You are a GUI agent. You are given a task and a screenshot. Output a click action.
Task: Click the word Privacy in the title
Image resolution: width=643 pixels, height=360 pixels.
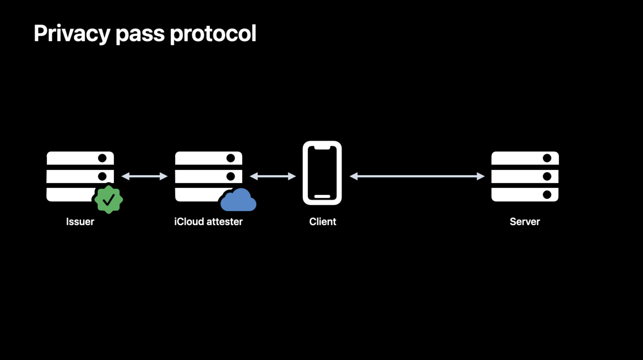72,34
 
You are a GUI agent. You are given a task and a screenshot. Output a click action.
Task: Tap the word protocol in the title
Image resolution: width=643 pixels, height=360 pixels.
213,34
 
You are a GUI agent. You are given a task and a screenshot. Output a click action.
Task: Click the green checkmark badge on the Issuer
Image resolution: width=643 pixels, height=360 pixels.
109,199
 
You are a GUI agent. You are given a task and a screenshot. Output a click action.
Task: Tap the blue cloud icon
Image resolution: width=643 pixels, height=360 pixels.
239,201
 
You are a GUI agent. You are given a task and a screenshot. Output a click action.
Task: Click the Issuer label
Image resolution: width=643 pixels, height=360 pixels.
80,222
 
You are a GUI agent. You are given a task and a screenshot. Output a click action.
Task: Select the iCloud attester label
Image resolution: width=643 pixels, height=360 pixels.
208,222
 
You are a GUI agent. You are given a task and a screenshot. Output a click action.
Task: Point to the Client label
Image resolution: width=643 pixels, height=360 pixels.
322,222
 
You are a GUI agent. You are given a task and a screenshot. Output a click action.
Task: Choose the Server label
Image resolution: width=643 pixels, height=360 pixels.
525,222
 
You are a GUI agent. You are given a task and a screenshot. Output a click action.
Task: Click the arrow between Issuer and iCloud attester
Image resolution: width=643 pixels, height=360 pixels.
144,176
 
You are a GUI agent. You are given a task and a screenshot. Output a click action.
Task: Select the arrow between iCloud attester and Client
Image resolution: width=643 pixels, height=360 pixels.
273,176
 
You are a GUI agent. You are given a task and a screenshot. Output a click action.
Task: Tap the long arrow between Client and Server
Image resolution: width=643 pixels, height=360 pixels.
417,176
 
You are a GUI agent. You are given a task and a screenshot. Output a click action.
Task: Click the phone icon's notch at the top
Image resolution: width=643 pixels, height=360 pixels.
322,147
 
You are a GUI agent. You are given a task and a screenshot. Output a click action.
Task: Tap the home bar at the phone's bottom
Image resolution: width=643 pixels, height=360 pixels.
322,197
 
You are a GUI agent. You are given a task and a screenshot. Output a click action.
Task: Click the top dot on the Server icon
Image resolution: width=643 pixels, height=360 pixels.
547,158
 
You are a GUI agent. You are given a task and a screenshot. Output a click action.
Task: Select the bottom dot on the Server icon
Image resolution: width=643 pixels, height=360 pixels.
547,195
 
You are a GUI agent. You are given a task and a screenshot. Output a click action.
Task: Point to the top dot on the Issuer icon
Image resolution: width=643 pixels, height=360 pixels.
102,158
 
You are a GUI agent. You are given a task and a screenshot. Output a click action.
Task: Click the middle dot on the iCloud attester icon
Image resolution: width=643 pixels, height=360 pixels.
230,176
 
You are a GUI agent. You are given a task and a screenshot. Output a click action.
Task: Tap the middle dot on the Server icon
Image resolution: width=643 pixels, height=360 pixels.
547,176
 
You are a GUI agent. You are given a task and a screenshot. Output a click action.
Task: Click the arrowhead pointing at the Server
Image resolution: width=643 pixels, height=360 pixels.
481,176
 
